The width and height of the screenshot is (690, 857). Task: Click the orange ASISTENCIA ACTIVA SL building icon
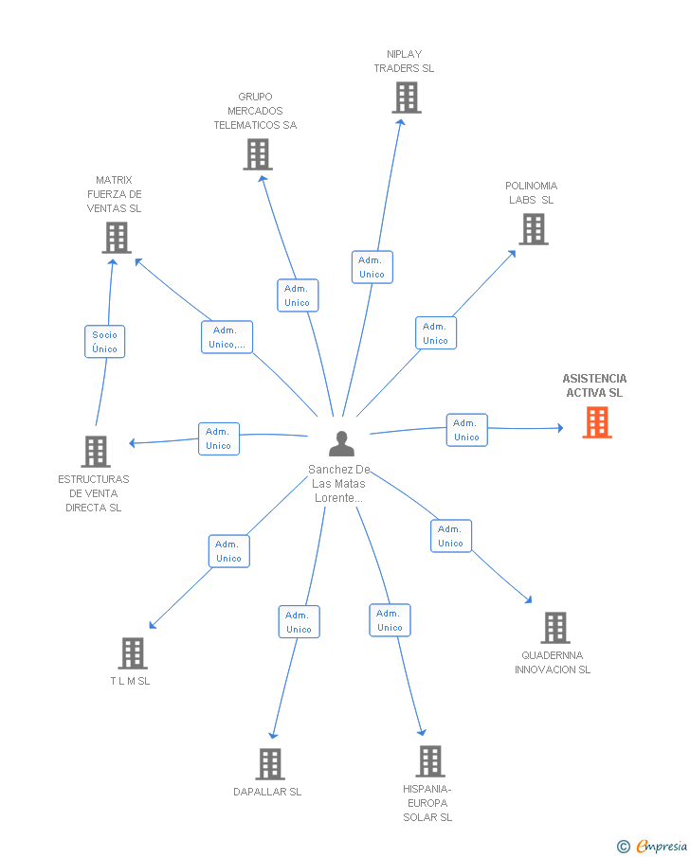(x=597, y=422)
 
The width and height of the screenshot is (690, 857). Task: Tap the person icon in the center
(x=341, y=444)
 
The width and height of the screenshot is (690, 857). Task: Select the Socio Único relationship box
(x=104, y=342)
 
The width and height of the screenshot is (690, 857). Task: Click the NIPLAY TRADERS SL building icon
(x=407, y=98)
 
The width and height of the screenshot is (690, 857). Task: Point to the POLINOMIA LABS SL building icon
(x=534, y=229)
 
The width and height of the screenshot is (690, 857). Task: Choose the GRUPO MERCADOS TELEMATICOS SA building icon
(x=258, y=154)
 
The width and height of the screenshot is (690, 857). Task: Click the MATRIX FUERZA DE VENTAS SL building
(x=117, y=238)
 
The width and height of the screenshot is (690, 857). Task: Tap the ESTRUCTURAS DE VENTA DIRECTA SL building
(x=96, y=452)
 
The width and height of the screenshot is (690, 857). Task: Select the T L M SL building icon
(x=133, y=653)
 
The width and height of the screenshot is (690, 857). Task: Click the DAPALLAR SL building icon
(x=270, y=764)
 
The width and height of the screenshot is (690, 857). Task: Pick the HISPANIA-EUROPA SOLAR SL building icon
(x=430, y=761)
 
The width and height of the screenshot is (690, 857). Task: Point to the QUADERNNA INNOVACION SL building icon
(x=555, y=628)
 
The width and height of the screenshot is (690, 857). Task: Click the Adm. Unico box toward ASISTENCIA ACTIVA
(x=466, y=430)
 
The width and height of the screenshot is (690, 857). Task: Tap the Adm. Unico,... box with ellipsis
(x=227, y=337)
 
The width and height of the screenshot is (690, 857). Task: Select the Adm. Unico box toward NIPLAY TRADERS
(x=372, y=267)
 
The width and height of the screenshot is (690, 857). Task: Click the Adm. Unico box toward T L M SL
(x=228, y=551)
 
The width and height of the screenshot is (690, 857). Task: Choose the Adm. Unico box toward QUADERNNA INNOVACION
(x=451, y=536)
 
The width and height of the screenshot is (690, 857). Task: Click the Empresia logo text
(x=662, y=846)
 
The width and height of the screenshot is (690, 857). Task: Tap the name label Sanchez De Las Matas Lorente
(x=338, y=484)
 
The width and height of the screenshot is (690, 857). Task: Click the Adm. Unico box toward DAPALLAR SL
(x=299, y=622)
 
